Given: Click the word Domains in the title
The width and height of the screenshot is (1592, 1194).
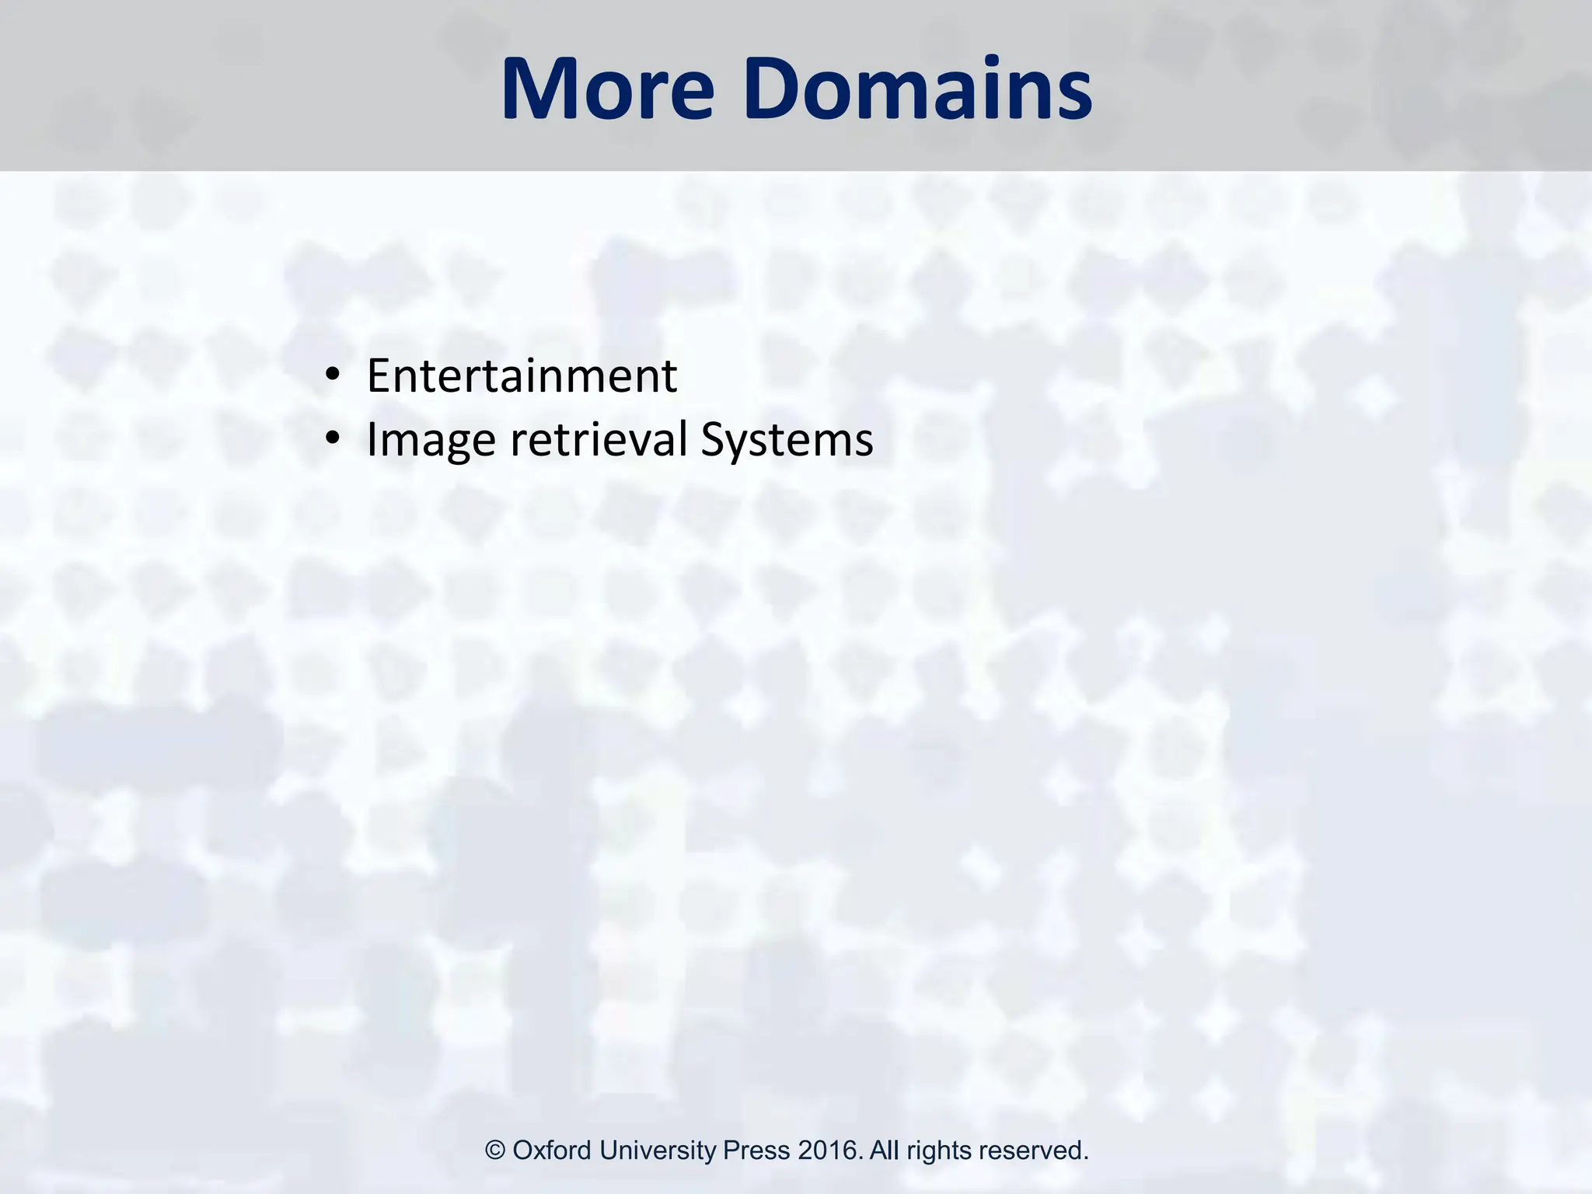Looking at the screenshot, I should pyautogui.click(x=917, y=89).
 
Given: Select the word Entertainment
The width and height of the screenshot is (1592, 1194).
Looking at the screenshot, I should pyautogui.click(x=522, y=376).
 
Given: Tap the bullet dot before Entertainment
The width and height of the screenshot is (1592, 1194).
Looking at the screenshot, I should pyautogui.click(x=333, y=376).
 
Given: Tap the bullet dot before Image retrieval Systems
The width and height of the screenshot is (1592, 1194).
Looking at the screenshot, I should pyautogui.click(x=333, y=440).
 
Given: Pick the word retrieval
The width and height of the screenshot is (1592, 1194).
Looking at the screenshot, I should pyautogui.click(x=599, y=440).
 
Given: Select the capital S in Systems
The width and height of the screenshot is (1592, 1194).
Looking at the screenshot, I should pyautogui.click(x=713, y=440).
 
